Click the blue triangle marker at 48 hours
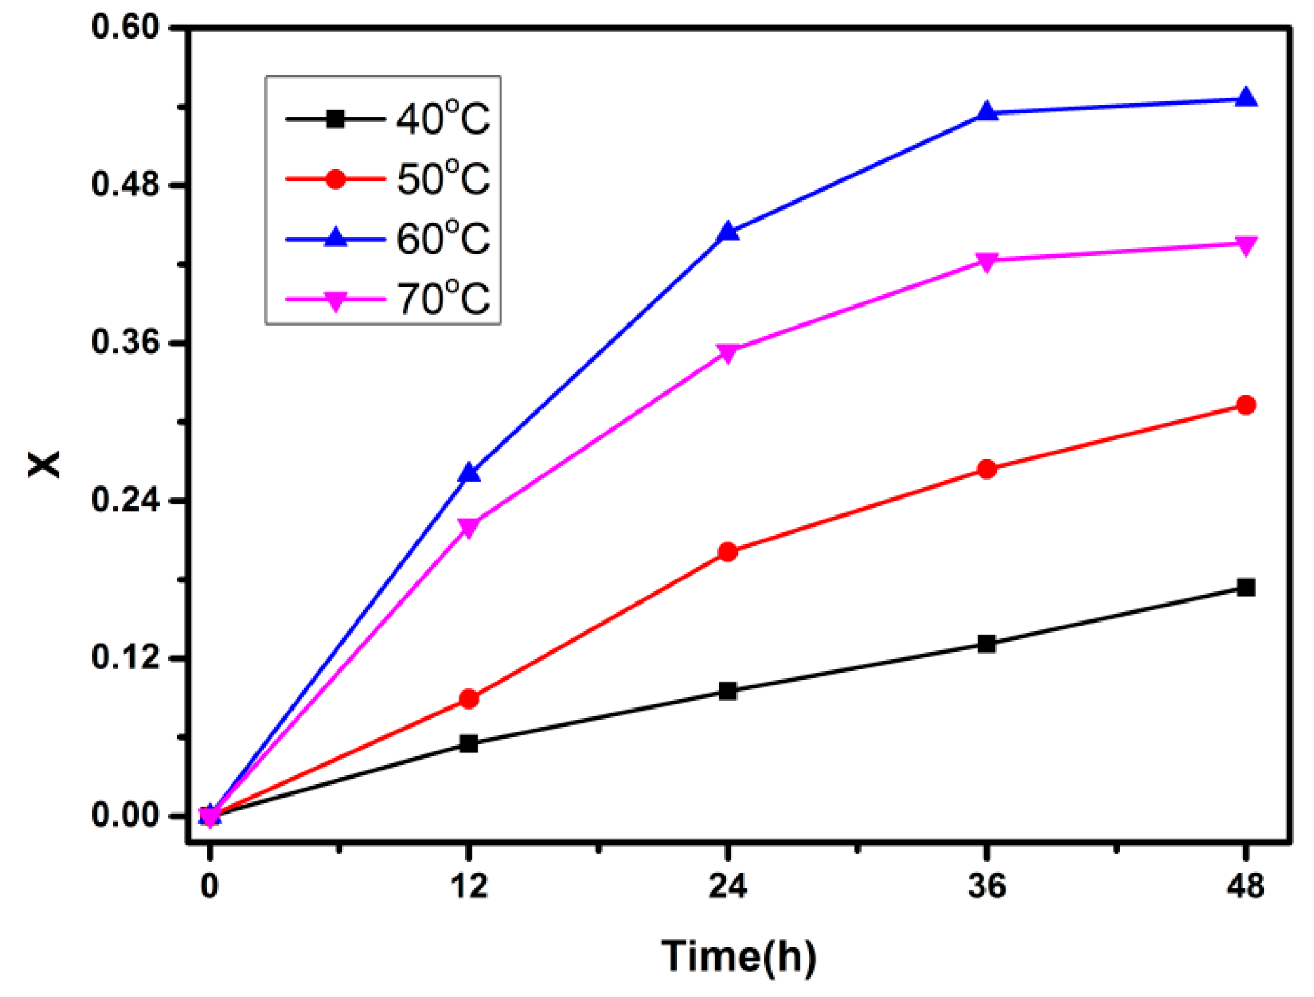[1245, 99]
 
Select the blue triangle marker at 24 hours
[727, 232]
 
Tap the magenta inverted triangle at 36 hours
[986, 262]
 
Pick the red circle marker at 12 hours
[468, 699]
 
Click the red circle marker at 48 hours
[1245, 406]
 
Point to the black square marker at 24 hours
[727, 691]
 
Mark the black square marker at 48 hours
[1245, 588]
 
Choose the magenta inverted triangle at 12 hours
[468, 527]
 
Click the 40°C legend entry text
[442, 120]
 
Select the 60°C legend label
[442, 239]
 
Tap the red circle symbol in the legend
[335, 179]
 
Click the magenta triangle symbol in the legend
[335, 300]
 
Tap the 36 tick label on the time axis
[986, 886]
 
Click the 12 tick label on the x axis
[468, 886]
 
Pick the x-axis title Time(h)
[738, 956]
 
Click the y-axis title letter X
[45, 465]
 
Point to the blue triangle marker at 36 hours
[986, 112]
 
